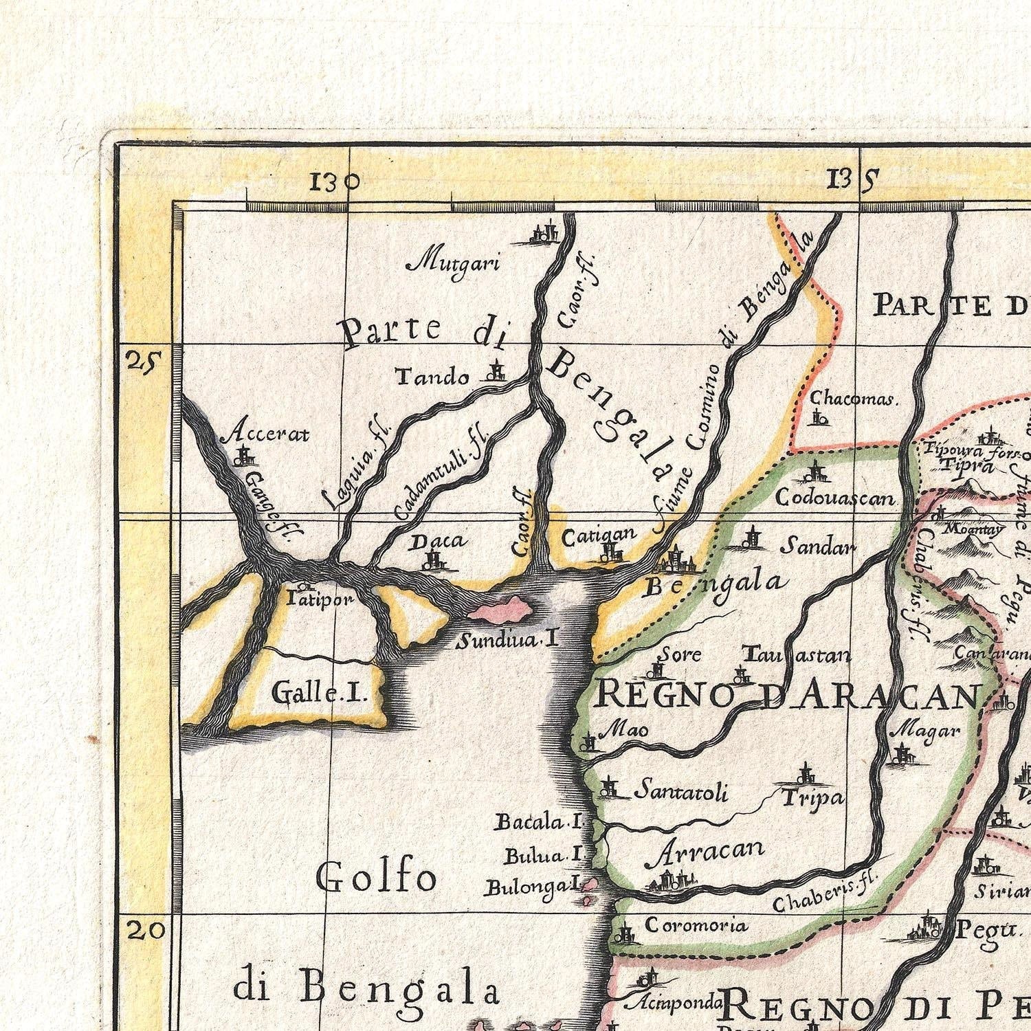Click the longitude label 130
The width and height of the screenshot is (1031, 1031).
click(x=335, y=181)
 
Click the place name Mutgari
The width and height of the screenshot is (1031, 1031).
click(x=453, y=263)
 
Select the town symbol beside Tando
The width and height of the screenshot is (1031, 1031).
click(x=494, y=373)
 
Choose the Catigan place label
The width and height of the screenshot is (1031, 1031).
click(x=599, y=536)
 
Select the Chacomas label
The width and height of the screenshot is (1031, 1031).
click(x=852, y=398)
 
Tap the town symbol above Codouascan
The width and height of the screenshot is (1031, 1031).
click(x=816, y=472)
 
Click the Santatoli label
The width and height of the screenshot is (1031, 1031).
click(x=680, y=792)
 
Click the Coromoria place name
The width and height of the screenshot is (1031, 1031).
click(x=696, y=925)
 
